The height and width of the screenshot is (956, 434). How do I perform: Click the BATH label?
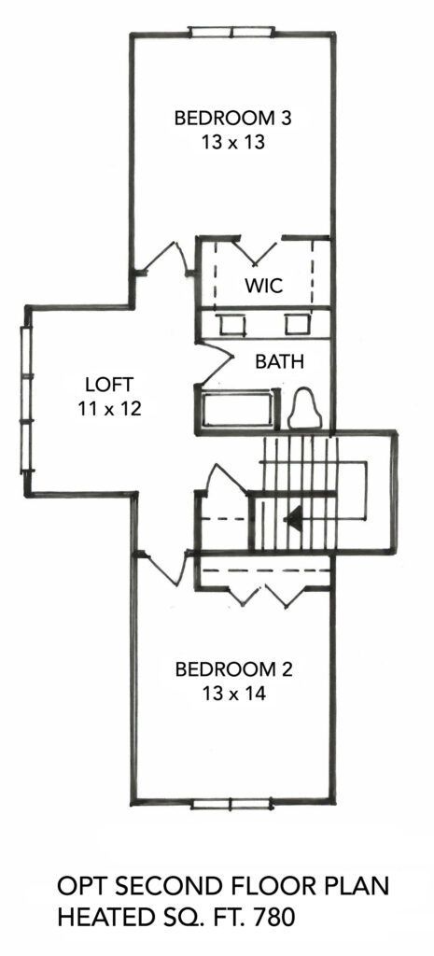(x=279, y=361)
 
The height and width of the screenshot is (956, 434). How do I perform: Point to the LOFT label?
(x=110, y=384)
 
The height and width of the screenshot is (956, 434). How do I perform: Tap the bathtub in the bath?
(x=238, y=411)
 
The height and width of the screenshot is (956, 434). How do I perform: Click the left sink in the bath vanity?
(x=231, y=324)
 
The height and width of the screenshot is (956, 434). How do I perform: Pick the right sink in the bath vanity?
(x=298, y=324)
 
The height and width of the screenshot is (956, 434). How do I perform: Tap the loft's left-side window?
(x=27, y=400)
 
